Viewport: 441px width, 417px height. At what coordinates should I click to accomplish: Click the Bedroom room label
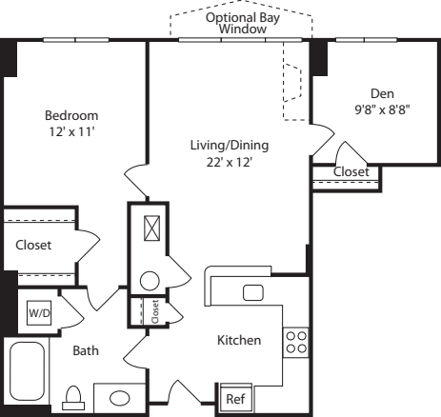pos(71,115)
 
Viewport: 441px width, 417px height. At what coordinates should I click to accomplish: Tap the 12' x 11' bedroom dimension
pos(71,131)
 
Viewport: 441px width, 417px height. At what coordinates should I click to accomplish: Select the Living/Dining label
pos(229,146)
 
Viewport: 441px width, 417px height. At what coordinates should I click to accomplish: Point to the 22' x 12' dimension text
pos(229,162)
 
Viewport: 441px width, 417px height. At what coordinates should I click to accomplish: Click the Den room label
pos(383,93)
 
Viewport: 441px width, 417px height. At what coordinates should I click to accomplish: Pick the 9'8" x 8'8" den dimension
pos(383,109)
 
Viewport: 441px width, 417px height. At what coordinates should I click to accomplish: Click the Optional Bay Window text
pos(242,23)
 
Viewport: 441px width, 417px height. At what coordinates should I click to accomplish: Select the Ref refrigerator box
pos(234,398)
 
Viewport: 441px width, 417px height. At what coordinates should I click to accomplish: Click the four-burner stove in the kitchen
pos(295,341)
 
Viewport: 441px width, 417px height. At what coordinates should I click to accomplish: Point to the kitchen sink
pos(253,291)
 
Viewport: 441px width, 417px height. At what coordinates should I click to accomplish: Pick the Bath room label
pos(86,350)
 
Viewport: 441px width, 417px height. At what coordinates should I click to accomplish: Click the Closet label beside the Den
pos(351,170)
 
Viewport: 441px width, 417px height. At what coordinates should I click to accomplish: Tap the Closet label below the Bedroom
pos(33,245)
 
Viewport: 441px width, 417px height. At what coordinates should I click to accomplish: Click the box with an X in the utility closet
pos(149,228)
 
